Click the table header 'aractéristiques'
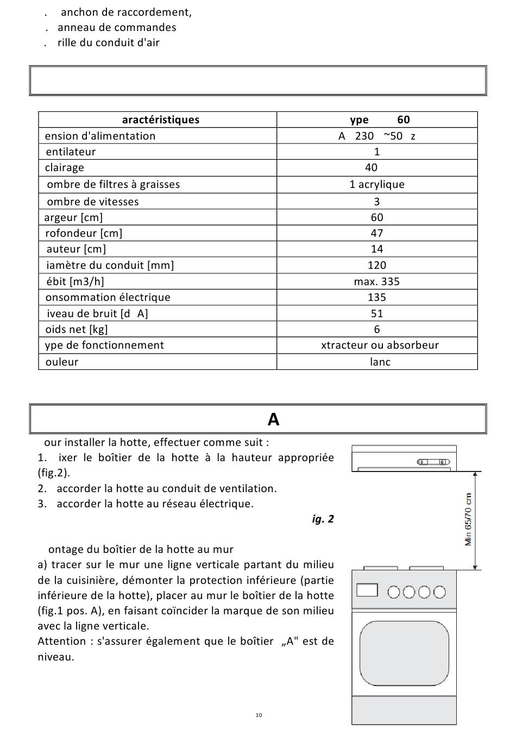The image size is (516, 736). (160, 120)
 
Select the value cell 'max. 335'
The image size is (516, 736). (376, 281)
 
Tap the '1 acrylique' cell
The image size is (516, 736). (376, 185)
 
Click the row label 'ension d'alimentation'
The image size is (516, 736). (100, 136)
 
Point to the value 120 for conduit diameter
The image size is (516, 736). (376, 266)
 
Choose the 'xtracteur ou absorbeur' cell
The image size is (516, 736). (380, 345)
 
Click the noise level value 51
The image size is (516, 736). (376, 314)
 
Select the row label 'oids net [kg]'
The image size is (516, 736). (77, 330)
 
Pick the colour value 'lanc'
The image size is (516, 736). (380, 362)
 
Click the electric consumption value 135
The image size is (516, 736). (376, 298)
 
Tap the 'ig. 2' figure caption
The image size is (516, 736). (323, 519)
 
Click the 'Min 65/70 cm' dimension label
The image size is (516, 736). (469, 519)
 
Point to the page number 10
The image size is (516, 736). (259, 715)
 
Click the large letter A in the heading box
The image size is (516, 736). (273, 419)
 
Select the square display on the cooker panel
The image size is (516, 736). (367, 590)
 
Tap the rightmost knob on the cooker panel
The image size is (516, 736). (440, 592)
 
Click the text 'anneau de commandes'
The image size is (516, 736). (117, 28)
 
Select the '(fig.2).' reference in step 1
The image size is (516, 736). (54, 473)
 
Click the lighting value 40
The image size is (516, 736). (371, 168)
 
